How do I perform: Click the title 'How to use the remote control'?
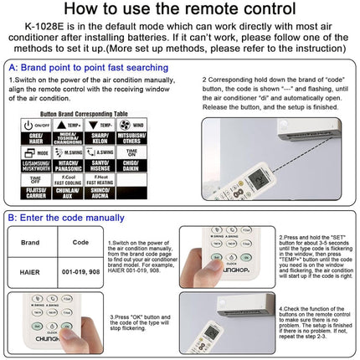(x=180, y=12)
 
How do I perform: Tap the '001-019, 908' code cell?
(x=80, y=272)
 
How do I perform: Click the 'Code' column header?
(x=80, y=242)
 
